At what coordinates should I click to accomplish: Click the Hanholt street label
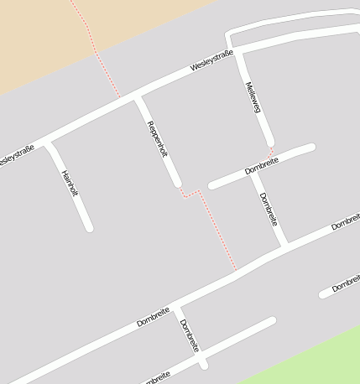coord(70,184)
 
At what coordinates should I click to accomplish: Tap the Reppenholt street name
coord(158,139)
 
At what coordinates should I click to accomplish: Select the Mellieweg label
coord(253,99)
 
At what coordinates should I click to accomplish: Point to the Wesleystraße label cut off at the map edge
coord(15,156)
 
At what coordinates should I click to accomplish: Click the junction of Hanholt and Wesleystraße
coord(48,142)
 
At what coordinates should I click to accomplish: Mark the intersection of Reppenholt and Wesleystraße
coord(137,98)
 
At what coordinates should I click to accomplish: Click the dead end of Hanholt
coord(89,226)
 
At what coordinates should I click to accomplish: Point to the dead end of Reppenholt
coord(177,183)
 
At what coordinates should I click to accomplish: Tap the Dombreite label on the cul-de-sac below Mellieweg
coord(262,165)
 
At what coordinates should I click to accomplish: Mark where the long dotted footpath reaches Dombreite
coord(237,271)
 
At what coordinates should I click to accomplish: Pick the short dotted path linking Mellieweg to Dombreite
coord(272,151)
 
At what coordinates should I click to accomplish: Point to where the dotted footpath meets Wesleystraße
coord(120,97)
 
